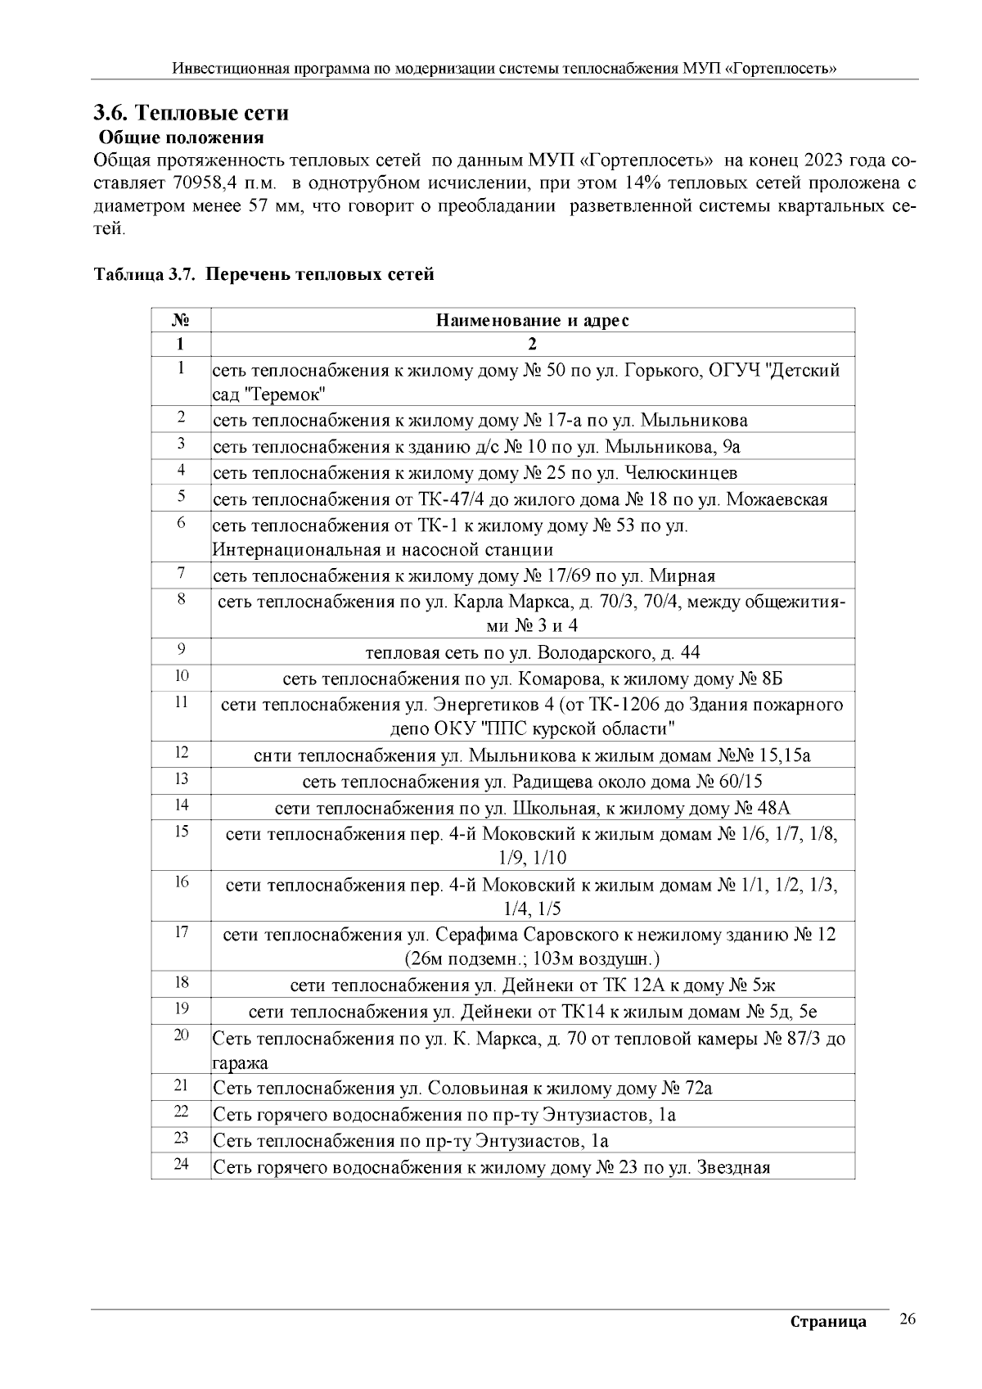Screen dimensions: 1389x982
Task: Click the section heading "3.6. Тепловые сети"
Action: pyautogui.click(x=191, y=113)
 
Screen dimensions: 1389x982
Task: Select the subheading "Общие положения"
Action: pyautogui.click(x=181, y=137)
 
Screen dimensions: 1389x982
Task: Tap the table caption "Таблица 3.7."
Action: pyautogui.click(x=144, y=274)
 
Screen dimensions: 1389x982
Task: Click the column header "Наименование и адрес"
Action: pyautogui.click(x=532, y=320)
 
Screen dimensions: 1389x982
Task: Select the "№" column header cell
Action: pyautogui.click(x=181, y=320)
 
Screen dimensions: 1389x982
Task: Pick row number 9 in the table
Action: pyautogui.click(x=181, y=650)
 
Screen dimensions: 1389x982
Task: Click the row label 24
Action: pyautogui.click(x=181, y=1164)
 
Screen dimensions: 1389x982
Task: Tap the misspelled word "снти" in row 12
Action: pyautogui.click(x=273, y=755)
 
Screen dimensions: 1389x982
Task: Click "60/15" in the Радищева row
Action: pyautogui.click(x=741, y=782)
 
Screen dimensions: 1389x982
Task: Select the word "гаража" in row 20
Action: pyautogui.click(x=240, y=1063)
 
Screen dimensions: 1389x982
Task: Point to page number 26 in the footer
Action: pyautogui.click(x=907, y=1319)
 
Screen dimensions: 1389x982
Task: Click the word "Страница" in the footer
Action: pyautogui.click(x=828, y=1322)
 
